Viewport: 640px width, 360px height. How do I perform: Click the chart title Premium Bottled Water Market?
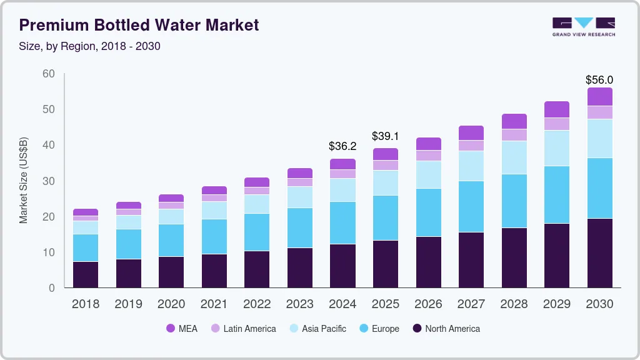[x=139, y=26]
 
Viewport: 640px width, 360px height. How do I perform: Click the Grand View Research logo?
[x=583, y=26]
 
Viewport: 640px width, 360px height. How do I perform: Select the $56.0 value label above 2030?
[x=599, y=80]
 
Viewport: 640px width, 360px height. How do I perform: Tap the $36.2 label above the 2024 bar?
[x=342, y=146]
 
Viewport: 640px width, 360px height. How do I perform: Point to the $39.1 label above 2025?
[x=386, y=136]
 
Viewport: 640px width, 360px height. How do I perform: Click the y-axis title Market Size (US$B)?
[x=24, y=181]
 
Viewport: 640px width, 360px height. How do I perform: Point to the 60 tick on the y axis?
[x=49, y=74]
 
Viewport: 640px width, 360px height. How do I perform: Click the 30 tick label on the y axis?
[x=49, y=181]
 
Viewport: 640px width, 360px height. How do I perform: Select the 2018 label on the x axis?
[x=86, y=304]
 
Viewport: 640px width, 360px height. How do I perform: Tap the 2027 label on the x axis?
[x=471, y=304]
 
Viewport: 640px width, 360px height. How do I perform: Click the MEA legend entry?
[x=181, y=329]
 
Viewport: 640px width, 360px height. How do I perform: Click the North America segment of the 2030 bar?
[x=600, y=253]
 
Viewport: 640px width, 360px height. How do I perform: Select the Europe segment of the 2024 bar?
[x=343, y=222]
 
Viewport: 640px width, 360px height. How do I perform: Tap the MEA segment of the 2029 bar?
[x=557, y=109]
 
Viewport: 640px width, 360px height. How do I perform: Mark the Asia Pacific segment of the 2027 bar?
[x=471, y=166]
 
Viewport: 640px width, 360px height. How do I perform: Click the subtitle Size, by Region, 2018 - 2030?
[x=89, y=46]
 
